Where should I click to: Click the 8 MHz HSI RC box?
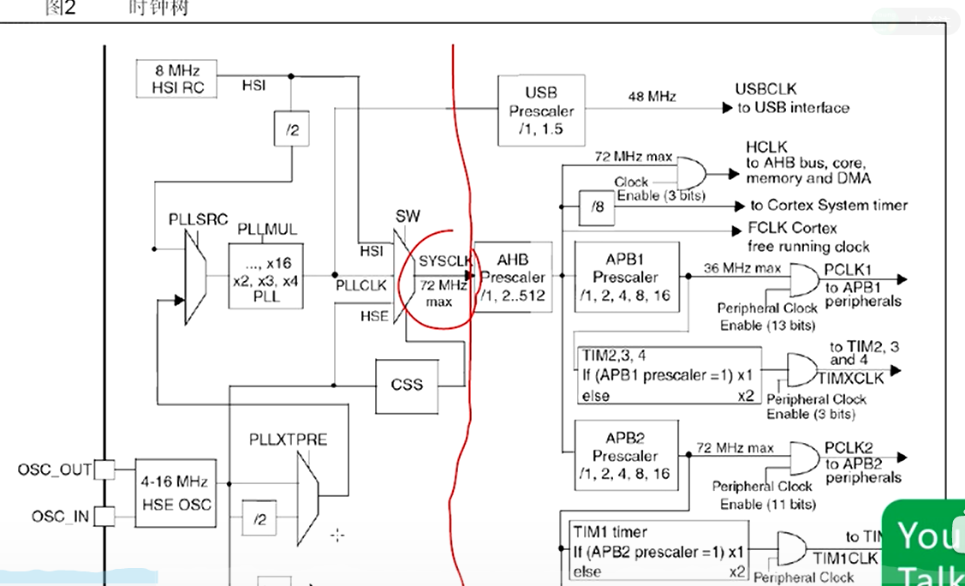pos(176,79)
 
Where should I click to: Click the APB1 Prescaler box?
pos(626,277)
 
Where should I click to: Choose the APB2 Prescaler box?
pos(626,455)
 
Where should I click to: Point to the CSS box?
pos(407,384)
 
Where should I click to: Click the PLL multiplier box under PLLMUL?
pos(266,277)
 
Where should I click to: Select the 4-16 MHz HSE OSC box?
pos(175,493)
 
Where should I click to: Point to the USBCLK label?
pos(765,89)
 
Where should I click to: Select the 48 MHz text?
pos(652,97)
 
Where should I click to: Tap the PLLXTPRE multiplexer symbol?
pos(307,498)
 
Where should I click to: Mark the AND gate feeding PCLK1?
pos(803,279)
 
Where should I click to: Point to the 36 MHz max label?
pos(742,268)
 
